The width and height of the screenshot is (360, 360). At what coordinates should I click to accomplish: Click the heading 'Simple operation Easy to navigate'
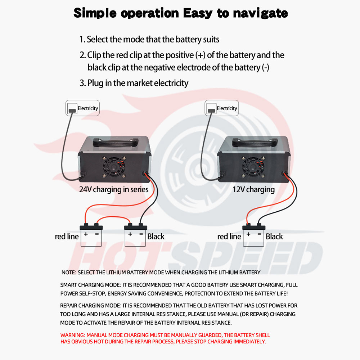pyautogui.click(x=180, y=13)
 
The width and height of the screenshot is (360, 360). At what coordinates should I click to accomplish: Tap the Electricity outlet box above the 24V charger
pyautogui.click(x=82, y=108)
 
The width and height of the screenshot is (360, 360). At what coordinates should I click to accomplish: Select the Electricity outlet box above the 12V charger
pyautogui.click(x=221, y=108)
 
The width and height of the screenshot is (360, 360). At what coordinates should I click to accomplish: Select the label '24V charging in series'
pyautogui.click(x=114, y=189)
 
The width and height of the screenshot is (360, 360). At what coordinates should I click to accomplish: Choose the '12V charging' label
pyautogui.click(x=253, y=189)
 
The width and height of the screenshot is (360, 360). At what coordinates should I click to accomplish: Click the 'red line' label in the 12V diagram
pyautogui.click(x=229, y=237)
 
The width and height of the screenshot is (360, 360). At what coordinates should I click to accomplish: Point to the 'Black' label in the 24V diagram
pyautogui.click(x=156, y=237)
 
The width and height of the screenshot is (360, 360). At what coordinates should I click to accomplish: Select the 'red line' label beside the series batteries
pyautogui.click(x=67, y=237)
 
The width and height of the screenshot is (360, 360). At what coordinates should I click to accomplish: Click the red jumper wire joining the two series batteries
pyautogui.click(x=114, y=218)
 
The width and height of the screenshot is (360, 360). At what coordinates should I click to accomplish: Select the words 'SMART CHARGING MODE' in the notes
pyautogui.click(x=86, y=285)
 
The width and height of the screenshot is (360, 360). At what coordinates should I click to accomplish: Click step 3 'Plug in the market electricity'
pyautogui.click(x=134, y=83)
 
